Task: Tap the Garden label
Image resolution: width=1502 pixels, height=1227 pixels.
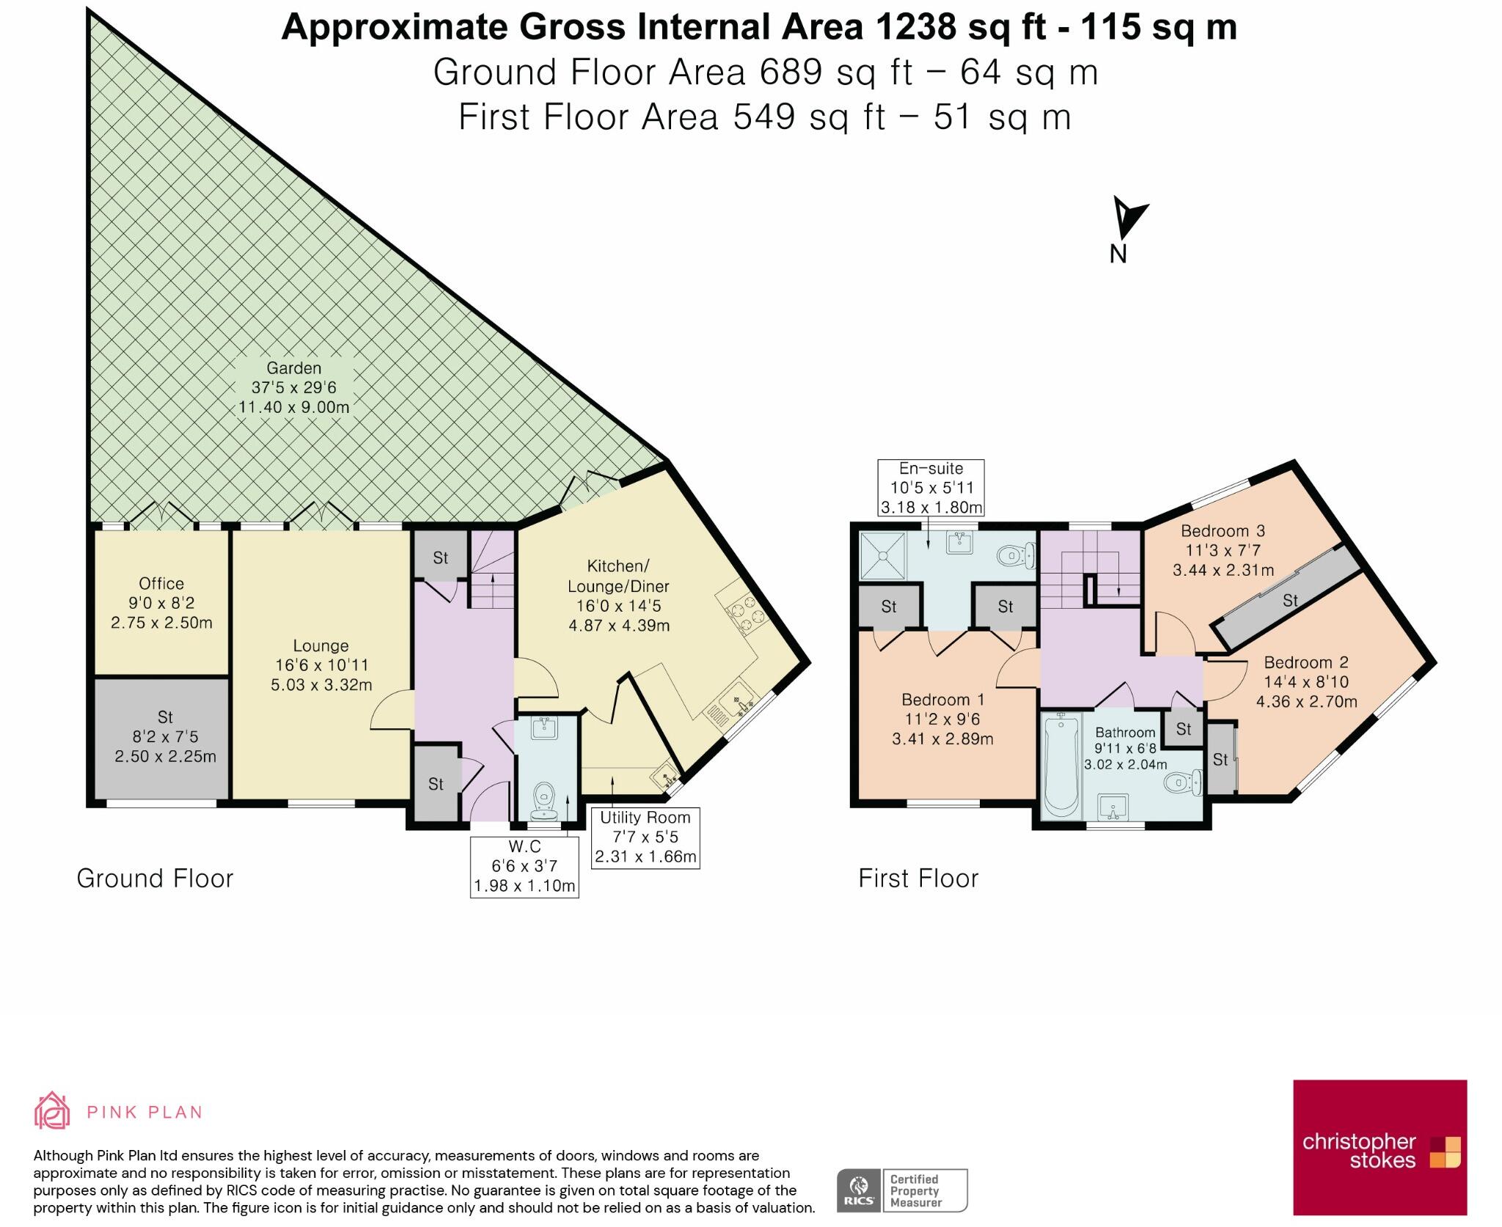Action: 293,368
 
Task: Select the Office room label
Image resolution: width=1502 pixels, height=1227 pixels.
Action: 161,584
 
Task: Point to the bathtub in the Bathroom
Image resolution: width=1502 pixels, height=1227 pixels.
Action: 1060,766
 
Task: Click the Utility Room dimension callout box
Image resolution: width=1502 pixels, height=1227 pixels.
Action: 645,838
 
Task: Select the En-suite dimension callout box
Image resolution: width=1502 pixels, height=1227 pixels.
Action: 931,488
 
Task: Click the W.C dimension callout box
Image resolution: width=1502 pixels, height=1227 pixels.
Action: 524,866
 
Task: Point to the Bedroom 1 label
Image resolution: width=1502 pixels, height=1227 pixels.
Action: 943,700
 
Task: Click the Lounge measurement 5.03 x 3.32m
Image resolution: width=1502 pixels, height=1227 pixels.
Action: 321,685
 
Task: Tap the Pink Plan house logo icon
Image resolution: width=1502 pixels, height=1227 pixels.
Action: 52,1110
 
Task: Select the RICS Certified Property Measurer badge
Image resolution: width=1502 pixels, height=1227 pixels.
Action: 902,1190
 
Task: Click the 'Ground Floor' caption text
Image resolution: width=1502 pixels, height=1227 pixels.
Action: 155,879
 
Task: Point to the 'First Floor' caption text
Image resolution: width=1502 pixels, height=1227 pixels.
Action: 918,879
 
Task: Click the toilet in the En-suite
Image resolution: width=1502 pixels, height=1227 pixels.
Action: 1016,555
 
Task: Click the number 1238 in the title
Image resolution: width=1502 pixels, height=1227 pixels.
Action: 917,27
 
